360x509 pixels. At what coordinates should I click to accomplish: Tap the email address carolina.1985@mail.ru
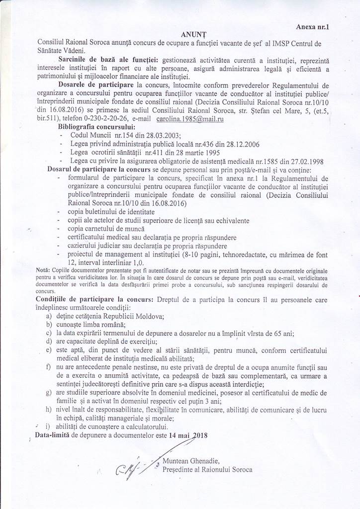coord(190,120)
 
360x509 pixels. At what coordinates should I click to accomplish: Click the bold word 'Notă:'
coord(43,269)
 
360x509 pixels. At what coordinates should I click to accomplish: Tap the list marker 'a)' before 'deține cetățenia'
coord(48,316)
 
